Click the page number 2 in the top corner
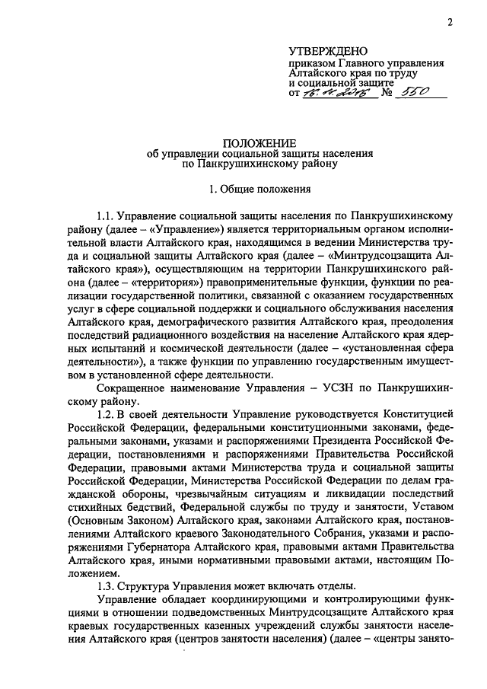[450, 22]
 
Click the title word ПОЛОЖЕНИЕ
[259, 143]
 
